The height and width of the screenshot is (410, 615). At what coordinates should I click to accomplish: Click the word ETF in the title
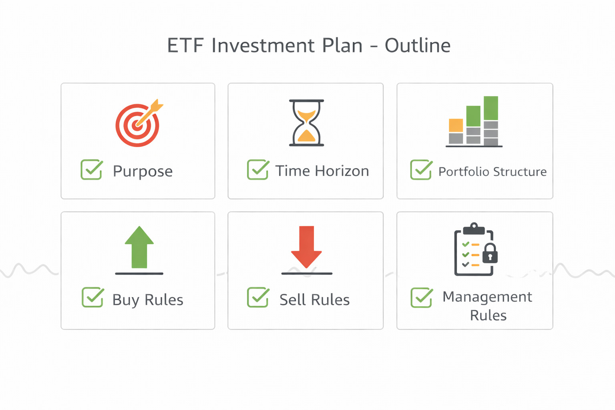click(185, 46)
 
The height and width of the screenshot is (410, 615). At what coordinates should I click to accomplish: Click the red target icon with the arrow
click(138, 125)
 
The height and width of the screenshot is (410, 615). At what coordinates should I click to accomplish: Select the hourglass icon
click(306, 123)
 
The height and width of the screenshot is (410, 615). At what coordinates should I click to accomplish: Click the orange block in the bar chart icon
click(456, 125)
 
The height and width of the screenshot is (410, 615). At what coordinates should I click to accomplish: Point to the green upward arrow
click(139, 247)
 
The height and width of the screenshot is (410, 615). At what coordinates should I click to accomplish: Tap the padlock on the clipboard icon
click(490, 254)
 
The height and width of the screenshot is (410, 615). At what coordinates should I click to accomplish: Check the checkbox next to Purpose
click(91, 170)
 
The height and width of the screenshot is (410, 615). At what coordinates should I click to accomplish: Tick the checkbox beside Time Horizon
click(257, 170)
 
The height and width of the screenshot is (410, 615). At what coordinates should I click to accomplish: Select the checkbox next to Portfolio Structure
click(421, 170)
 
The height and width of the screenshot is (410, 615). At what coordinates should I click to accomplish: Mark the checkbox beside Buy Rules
click(92, 297)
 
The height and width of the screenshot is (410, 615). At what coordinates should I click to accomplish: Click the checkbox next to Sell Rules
click(257, 297)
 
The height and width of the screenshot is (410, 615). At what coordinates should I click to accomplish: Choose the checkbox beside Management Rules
click(421, 298)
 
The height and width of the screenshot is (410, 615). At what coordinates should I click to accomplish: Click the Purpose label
click(143, 171)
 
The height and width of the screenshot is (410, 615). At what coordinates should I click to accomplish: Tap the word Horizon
click(342, 171)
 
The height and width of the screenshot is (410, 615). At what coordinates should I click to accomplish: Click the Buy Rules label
click(148, 300)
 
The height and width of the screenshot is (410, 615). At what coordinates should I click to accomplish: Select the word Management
click(487, 297)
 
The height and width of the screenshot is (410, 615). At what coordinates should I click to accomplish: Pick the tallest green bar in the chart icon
click(491, 108)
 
